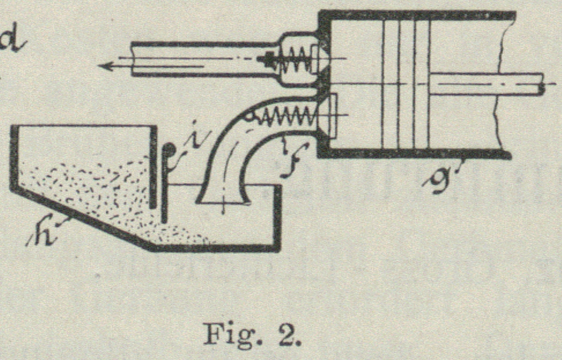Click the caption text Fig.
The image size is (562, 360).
click(x=224, y=333)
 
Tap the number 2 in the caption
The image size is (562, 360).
click(x=284, y=333)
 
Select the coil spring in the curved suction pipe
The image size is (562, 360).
click(x=286, y=117)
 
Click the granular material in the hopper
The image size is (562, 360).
click(x=87, y=185)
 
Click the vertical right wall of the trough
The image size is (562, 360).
click(x=277, y=217)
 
